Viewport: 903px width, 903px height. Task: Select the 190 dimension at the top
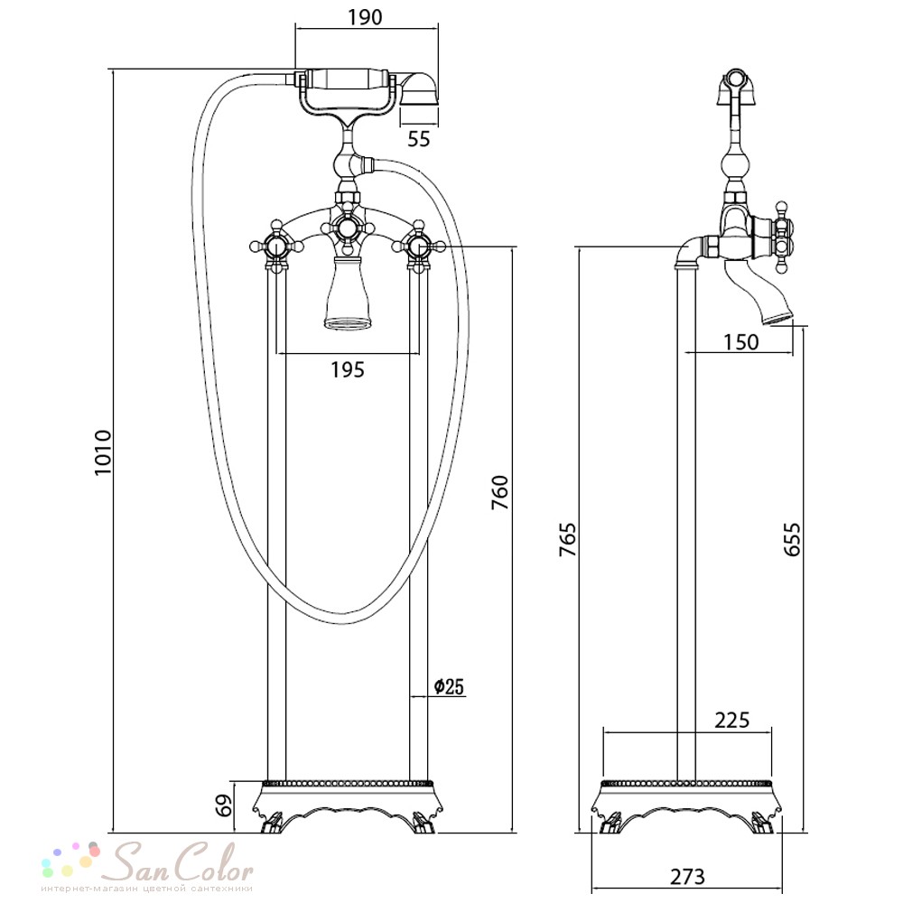click(x=365, y=17)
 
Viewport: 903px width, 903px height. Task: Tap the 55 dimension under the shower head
click(x=419, y=139)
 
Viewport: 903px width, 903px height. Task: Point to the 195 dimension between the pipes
click(x=348, y=369)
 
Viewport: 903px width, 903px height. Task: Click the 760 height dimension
click(x=500, y=492)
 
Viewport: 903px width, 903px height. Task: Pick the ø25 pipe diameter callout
click(x=449, y=686)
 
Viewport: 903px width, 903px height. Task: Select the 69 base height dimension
click(x=226, y=805)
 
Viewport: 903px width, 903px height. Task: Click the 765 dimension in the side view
click(x=567, y=540)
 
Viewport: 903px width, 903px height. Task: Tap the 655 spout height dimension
click(x=792, y=539)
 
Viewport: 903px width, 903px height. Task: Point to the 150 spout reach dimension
click(x=740, y=342)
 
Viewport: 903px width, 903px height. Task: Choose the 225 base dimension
click(x=732, y=720)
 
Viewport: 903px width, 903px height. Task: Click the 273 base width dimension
click(x=687, y=877)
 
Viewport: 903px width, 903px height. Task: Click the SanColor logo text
click(x=181, y=861)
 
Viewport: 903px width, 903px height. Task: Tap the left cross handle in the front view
click(x=276, y=248)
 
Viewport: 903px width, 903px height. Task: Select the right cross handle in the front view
click(x=419, y=247)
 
